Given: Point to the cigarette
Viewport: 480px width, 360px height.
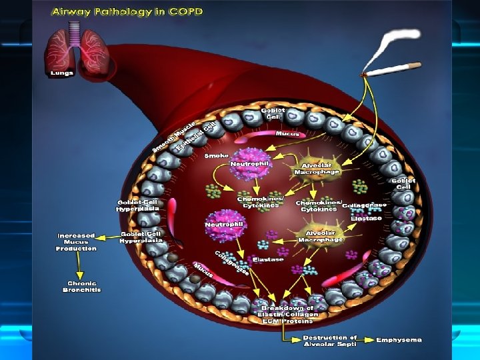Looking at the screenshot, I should pyautogui.click(x=393, y=68).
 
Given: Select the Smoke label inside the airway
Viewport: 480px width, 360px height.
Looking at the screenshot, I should pyautogui.click(x=216, y=155).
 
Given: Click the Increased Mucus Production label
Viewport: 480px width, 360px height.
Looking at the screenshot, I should pyautogui.click(x=76, y=241).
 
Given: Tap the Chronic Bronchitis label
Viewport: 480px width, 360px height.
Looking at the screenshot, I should pyautogui.click(x=81, y=287).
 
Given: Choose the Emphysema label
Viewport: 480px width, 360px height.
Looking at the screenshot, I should pyautogui.click(x=399, y=340).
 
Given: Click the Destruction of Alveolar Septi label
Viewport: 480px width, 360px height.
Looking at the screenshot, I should pyautogui.click(x=329, y=340).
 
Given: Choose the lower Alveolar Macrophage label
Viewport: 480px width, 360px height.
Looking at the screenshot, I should pyautogui.click(x=321, y=236).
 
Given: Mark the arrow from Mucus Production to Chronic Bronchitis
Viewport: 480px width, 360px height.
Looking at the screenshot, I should pyautogui.click(x=79, y=267).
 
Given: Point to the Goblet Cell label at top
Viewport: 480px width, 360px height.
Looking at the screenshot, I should pyautogui.click(x=273, y=113).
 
